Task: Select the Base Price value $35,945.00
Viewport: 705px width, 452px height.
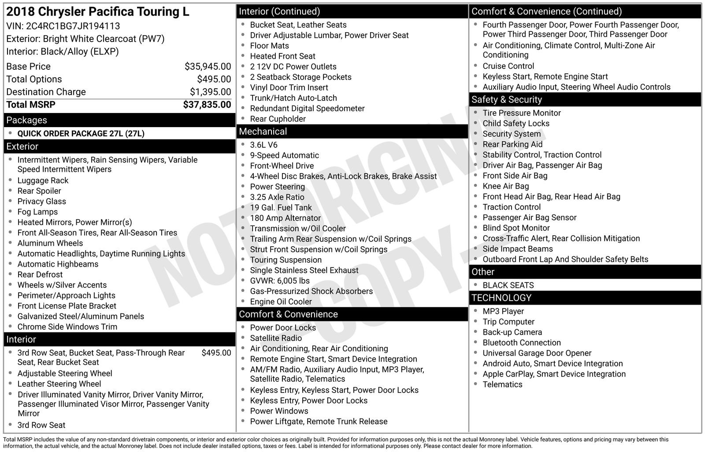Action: [208, 67]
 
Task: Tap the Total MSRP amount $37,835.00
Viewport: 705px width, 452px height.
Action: [207, 105]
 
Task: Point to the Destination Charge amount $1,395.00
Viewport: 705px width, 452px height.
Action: [210, 92]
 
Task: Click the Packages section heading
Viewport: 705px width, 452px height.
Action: [26, 120]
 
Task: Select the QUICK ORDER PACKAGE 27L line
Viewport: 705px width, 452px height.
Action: [81, 133]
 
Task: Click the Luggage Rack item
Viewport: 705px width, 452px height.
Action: [43, 181]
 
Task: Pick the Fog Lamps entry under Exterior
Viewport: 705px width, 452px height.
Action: [37, 212]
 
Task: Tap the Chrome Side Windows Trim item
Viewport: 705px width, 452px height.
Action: [67, 327]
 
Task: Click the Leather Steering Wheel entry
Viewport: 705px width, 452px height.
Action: [59, 384]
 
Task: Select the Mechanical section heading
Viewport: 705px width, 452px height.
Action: [263, 132]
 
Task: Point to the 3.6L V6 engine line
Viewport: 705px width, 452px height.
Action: [263, 145]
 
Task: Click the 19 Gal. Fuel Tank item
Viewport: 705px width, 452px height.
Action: [281, 207]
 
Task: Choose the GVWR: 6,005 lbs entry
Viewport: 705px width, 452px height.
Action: [279, 281]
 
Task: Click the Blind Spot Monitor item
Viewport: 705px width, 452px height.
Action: [516, 228]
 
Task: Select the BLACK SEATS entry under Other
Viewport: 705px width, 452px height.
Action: [508, 286]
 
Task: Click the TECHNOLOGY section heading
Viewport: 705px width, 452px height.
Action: [501, 298]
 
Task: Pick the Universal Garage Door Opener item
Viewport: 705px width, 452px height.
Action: [537, 353]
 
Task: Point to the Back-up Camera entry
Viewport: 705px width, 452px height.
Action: [512, 332]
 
